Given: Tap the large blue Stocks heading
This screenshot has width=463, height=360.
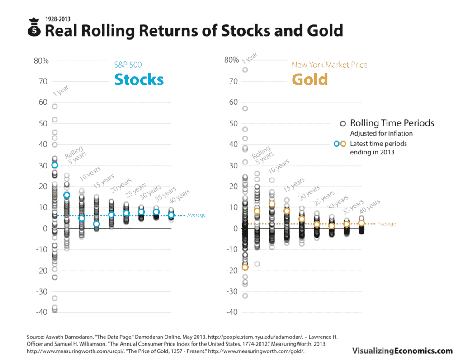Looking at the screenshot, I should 139,79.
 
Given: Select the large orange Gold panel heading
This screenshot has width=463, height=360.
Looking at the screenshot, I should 310,79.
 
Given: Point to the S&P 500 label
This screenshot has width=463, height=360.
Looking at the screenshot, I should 128,65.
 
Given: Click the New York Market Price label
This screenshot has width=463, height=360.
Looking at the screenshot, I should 329,65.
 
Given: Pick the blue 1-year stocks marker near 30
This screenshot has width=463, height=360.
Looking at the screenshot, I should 55,165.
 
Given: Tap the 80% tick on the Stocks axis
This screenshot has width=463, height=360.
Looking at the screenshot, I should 41,61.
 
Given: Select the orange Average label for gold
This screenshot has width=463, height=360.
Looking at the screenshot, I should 387,224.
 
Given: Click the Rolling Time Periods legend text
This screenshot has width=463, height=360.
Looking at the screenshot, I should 392,123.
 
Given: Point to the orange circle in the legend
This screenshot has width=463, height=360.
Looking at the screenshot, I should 343,144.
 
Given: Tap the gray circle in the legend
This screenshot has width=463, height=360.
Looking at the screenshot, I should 343,123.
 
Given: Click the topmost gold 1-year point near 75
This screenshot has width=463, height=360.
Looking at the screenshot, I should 245,70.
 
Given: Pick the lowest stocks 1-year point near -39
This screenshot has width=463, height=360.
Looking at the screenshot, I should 55,310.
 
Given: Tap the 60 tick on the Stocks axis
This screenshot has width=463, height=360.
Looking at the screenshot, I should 43,103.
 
